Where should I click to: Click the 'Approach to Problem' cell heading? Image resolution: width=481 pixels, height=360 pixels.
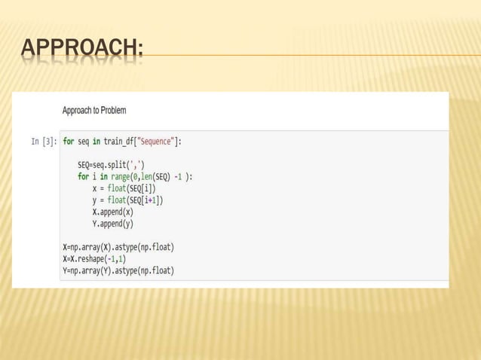click(93, 111)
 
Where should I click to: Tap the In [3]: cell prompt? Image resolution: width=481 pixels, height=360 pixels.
click(43, 141)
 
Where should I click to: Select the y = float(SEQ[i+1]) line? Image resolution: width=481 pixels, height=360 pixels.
click(128, 200)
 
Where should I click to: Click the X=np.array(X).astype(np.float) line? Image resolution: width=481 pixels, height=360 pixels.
click(118, 247)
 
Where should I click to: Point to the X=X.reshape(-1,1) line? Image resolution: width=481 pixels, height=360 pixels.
click(97, 258)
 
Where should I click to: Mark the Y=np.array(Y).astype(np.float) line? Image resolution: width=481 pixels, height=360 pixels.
click(118, 270)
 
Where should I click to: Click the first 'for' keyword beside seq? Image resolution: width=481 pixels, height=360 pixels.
click(68, 141)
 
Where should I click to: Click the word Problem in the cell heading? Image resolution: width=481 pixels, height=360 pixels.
click(112, 111)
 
